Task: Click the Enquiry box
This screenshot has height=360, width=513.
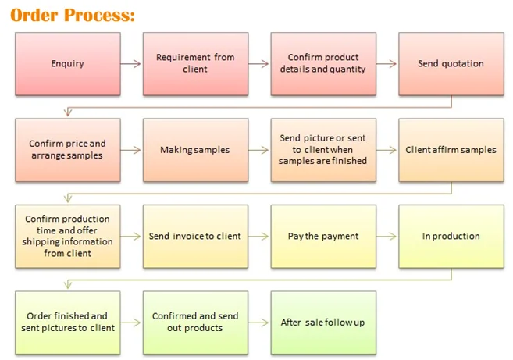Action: click(67, 63)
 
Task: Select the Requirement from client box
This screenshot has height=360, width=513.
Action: click(195, 63)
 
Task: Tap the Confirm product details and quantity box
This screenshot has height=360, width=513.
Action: click(322, 63)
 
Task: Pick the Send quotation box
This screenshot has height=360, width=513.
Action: click(451, 63)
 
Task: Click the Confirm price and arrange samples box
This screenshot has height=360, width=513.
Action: click(67, 150)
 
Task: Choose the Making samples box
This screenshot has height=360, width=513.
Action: click(195, 150)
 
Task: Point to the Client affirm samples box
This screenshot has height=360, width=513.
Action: click(451, 150)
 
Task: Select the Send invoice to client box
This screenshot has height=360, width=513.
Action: click(195, 236)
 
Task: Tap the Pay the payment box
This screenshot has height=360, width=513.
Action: click(322, 236)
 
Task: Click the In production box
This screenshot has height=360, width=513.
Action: click(451, 236)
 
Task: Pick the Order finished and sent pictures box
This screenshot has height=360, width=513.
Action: click(67, 322)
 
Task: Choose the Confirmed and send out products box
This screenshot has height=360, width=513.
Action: click(195, 322)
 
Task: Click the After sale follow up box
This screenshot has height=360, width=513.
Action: click(322, 322)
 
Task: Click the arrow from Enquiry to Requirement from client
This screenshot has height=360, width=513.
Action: click(131, 63)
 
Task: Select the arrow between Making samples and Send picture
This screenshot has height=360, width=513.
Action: click(259, 150)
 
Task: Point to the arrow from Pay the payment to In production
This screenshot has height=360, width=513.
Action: click(387, 236)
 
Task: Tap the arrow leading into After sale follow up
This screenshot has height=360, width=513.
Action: click(259, 322)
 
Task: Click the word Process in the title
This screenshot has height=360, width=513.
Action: click(99, 15)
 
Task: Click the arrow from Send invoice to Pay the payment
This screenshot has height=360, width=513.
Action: click(259, 236)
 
